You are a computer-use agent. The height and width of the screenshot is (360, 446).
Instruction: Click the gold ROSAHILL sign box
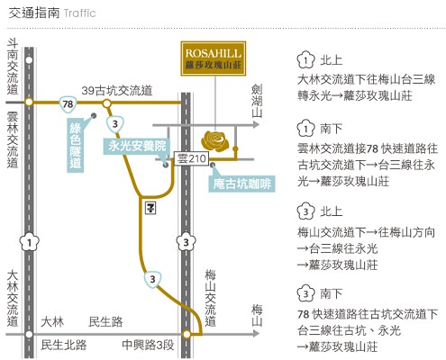click(x=214, y=58)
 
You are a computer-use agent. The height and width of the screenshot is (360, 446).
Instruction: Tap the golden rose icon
click(x=215, y=140)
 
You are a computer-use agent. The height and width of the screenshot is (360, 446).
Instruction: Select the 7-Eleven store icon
click(x=150, y=208)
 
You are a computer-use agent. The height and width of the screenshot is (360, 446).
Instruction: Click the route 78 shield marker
click(x=68, y=104)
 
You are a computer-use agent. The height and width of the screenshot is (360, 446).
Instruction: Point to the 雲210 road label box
click(x=191, y=158)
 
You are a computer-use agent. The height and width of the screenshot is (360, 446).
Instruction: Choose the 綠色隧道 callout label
click(x=75, y=146)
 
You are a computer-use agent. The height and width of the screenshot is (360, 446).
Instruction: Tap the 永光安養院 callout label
click(x=137, y=146)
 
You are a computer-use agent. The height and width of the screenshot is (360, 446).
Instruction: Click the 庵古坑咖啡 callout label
click(x=242, y=184)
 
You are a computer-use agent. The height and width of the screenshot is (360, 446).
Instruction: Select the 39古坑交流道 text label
click(x=117, y=91)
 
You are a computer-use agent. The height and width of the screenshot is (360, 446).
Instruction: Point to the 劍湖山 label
click(x=257, y=101)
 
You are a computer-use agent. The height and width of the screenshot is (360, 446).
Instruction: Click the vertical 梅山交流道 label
click(x=211, y=298)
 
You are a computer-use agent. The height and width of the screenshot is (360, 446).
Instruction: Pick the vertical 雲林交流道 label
click(x=13, y=139)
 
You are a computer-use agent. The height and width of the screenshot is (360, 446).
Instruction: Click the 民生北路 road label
click(x=64, y=345)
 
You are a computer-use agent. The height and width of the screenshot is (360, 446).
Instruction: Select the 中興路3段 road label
click(x=148, y=345)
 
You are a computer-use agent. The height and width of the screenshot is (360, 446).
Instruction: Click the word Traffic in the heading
click(x=79, y=13)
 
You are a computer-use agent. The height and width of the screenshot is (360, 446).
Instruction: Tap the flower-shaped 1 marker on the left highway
click(x=30, y=242)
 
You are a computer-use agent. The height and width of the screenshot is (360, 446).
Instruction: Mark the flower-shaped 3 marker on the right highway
click(x=187, y=242)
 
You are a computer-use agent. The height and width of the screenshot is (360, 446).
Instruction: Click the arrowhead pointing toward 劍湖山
click(x=256, y=124)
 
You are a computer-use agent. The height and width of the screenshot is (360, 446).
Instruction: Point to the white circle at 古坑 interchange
click(x=106, y=103)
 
